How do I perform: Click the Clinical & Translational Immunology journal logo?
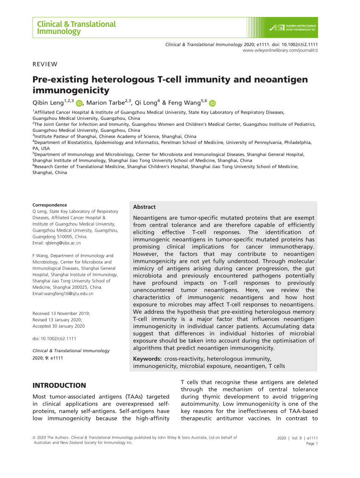click(x=76, y=28)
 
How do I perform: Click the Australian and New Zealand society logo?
click(x=293, y=28)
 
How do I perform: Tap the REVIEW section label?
click(x=45, y=64)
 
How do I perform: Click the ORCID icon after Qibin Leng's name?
click(x=79, y=103)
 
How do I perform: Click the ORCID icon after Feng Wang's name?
click(x=212, y=103)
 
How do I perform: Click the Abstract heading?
click(x=144, y=207)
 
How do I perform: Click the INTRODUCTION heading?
click(x=59, y=385)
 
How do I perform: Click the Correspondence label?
click(x=50, y=205)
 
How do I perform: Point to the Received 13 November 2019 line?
click(x=61, y=313)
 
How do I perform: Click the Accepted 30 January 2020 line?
click(x=58, y=326)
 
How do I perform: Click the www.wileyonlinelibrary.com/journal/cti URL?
click(x=280, y=50)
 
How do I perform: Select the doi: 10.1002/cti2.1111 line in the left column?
click(x=54, y=339)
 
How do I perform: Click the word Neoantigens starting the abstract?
click(x=152, y=217)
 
